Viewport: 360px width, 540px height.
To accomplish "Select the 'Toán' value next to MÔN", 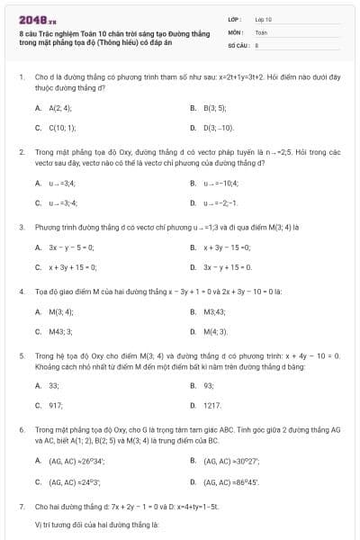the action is tap(261, 31).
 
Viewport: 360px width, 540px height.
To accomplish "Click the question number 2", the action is tap(21, 153).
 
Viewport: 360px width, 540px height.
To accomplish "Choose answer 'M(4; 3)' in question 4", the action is tap(214, 331).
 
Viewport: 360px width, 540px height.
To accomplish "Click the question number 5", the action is tap(21, 355).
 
